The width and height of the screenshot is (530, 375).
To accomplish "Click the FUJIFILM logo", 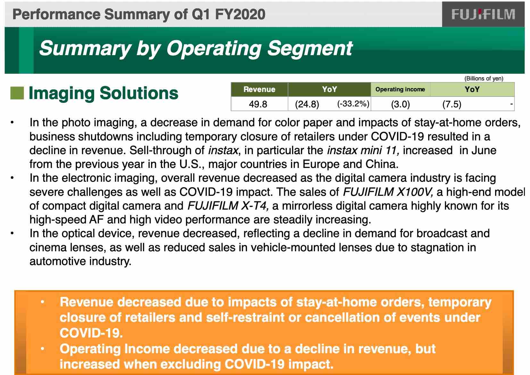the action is pyautogui.click(x=483, y=14).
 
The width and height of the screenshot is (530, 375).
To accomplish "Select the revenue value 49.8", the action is pyautogui.click(x=258, y=104).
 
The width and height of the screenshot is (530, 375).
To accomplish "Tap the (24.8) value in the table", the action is pyautogui.click(x=307, y=104).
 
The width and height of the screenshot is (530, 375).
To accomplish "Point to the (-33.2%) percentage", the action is pyautogui.click(x=353, y=104).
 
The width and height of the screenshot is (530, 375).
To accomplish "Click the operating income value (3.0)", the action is pyautogui.click(x=400, y=104).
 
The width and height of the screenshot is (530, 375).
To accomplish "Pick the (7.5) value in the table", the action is pyautogui.click(x=452, y=104).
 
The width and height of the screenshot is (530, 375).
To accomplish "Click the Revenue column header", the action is pyautogui.click(x=259, y=89).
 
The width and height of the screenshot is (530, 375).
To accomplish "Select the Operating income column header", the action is pyautogui.click(x=400, y=89).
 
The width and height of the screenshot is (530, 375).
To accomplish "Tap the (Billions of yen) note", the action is pyautogui.click(x=484, y=78).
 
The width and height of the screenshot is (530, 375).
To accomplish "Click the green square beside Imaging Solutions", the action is pyautogui.click(x=17, y=93).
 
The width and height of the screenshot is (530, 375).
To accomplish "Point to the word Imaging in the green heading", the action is pyautogui.click(x=62, y=94).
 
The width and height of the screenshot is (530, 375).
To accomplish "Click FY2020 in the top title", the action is pyautogui.click(x=240, y=14).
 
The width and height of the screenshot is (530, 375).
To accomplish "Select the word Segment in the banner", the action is pyautogui.click(x=310, y=49).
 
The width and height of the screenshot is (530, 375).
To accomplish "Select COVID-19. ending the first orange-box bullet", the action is pyautogui.click(x=91, y=333).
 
